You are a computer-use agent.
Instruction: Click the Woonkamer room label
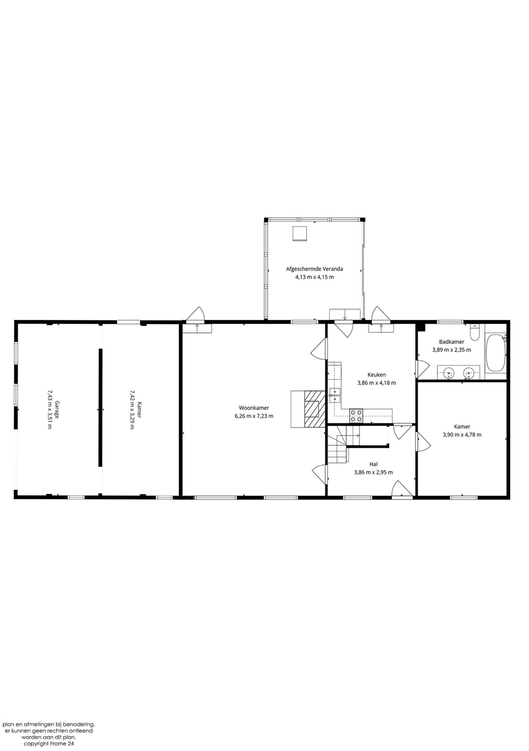click(x=254, y=408)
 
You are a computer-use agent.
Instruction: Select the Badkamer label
click(x=452, y=342)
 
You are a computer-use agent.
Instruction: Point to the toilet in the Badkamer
click(x=474, y=332)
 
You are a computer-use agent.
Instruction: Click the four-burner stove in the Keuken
click(x=356, y=415)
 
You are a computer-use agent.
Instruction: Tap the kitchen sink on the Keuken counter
click(x=335, y=395)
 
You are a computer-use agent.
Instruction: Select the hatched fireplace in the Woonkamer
click(x=314, y=409)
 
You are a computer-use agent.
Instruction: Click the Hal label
click(x=373, y=464)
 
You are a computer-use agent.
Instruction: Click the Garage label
click(x=57, y=410)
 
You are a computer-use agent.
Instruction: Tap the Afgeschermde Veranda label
click(x=314, y=269)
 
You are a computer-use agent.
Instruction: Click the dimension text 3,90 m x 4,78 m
click(x=462, y=435)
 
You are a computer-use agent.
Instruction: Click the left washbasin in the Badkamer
click(x=449, y=373)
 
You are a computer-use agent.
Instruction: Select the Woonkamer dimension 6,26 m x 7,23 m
click(x=254, y=416)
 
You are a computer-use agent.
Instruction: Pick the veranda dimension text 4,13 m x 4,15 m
click(x=314, y=277)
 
